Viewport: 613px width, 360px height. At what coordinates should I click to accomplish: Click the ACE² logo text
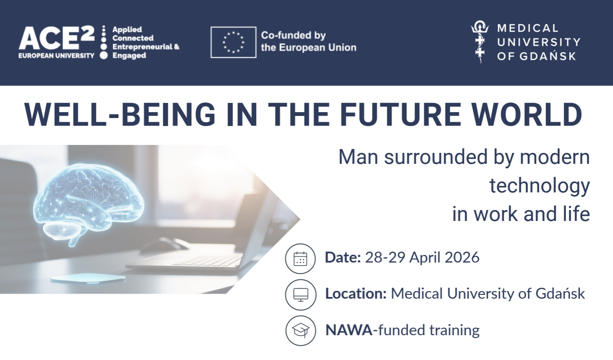pyautogui.click(x=57, y=38)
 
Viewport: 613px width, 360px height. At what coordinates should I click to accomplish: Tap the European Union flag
pyautogui.click(x=233, y=42)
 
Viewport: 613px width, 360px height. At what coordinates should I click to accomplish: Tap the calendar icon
pyautogui.click(x=300, y=259)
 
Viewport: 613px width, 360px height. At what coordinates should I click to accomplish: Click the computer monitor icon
pyautogui.click(x=301, y=295)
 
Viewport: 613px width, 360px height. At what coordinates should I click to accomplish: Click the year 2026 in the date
pyautogui.click(x=462, y=258)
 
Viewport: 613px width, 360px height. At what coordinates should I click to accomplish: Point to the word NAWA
pyautogui.click(x=348, y=330)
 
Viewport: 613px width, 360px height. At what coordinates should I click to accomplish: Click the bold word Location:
pyautogui.click(x=356, y=294)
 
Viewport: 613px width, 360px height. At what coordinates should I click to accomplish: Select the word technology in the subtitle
pyautogui.click(x=540, y=186)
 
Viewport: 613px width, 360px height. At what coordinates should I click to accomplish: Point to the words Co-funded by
pyautogui.click(x=293, y=35)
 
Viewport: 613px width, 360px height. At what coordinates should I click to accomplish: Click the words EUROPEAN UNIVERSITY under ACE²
pyautogui.click(x=56, y=55)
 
